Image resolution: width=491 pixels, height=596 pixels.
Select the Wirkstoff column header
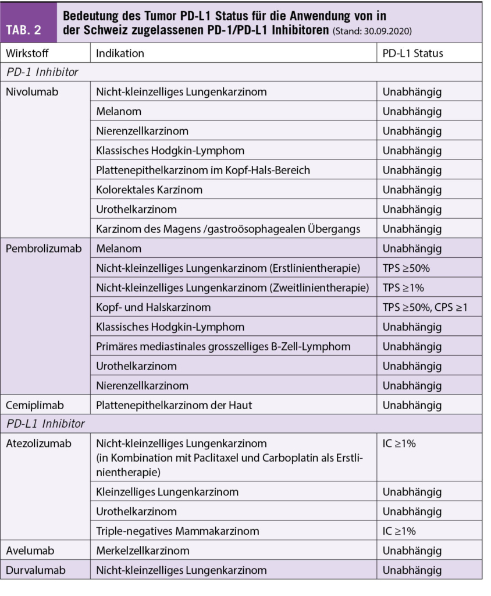tap(27, 53)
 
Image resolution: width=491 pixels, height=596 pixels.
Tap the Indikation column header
tap(120, 53)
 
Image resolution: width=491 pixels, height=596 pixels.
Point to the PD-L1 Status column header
tap(412, 53)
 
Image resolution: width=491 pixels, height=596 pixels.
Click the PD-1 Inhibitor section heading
tap(42, 72)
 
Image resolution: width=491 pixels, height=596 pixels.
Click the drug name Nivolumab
tap(31, 92)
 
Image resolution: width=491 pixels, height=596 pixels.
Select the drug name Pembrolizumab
tap(43, 249)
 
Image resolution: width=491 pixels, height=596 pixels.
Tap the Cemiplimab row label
tap(35, 405)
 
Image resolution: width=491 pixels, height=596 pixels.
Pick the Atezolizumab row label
tap(38, 444)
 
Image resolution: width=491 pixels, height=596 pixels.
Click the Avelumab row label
tap(29, 551)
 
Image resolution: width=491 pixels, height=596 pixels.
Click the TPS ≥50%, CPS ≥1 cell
tap(425, 307)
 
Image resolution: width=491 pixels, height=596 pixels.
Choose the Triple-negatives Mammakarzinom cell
tap(177, 531)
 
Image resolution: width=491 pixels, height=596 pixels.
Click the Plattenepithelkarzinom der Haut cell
tap(173, 405)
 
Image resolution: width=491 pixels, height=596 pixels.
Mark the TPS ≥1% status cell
tap(403, 288)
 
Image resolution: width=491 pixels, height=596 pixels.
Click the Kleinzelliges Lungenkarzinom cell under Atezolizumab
tap(167, 492)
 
